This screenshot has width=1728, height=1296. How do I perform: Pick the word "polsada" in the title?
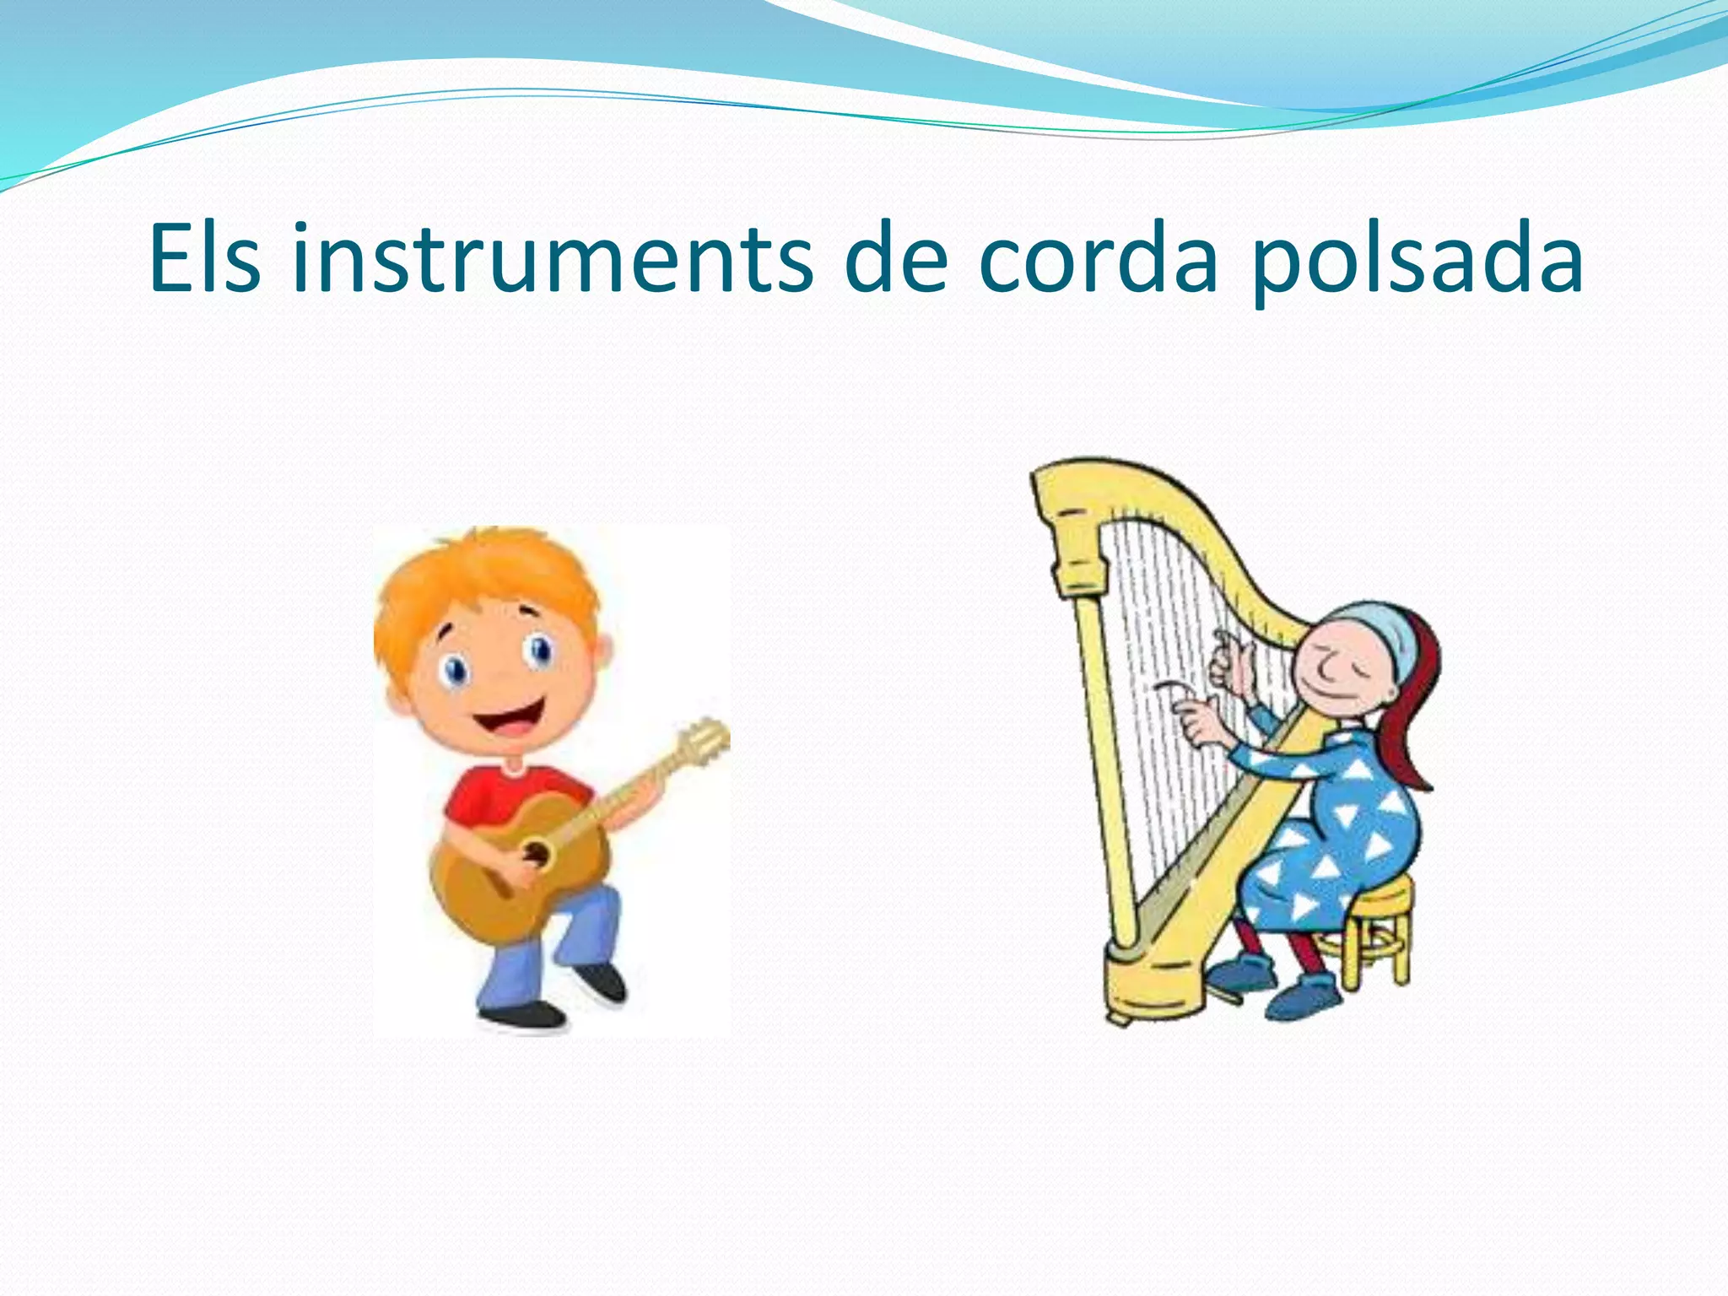point(1417,260)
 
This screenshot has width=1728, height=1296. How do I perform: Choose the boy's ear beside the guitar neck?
point(604,650)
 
